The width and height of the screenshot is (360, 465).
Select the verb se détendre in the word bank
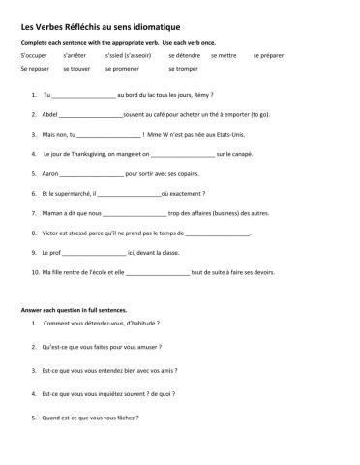[184, 56]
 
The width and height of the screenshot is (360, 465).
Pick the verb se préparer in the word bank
[270, 56]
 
